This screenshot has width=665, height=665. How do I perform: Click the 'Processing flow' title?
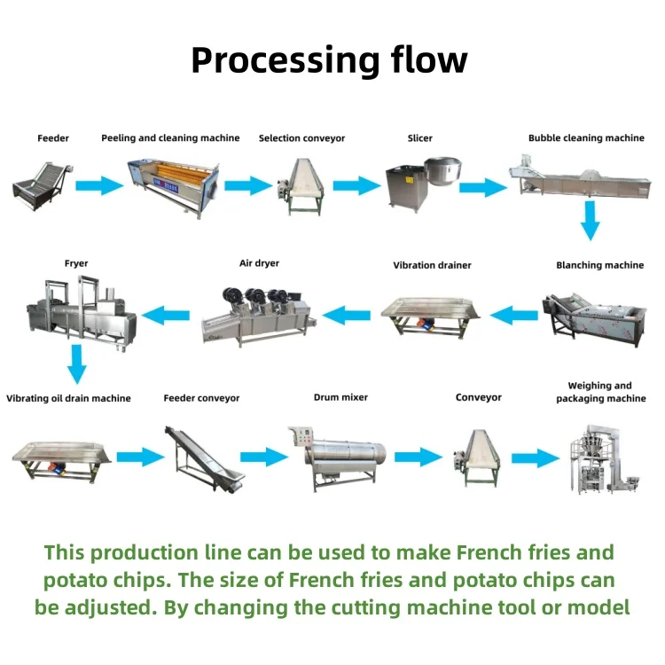(x=329, y=60)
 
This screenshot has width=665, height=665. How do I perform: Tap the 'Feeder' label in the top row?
(x=53, y=138)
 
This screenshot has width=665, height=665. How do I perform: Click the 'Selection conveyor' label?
(x=301, y=138)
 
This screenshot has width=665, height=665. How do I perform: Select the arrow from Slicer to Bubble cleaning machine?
(x=481, y=187)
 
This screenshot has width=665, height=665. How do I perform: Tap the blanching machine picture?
(x=592, y=312)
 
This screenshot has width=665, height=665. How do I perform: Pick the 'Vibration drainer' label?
(x=433, y=265)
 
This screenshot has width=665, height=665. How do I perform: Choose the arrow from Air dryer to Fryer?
(x=166, y=312)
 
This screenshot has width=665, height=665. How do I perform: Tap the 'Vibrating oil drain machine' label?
(x=68, y=398)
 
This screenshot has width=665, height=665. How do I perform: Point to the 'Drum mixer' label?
(x=340, y=398)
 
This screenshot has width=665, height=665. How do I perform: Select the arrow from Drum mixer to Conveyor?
(x=418, y=458)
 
